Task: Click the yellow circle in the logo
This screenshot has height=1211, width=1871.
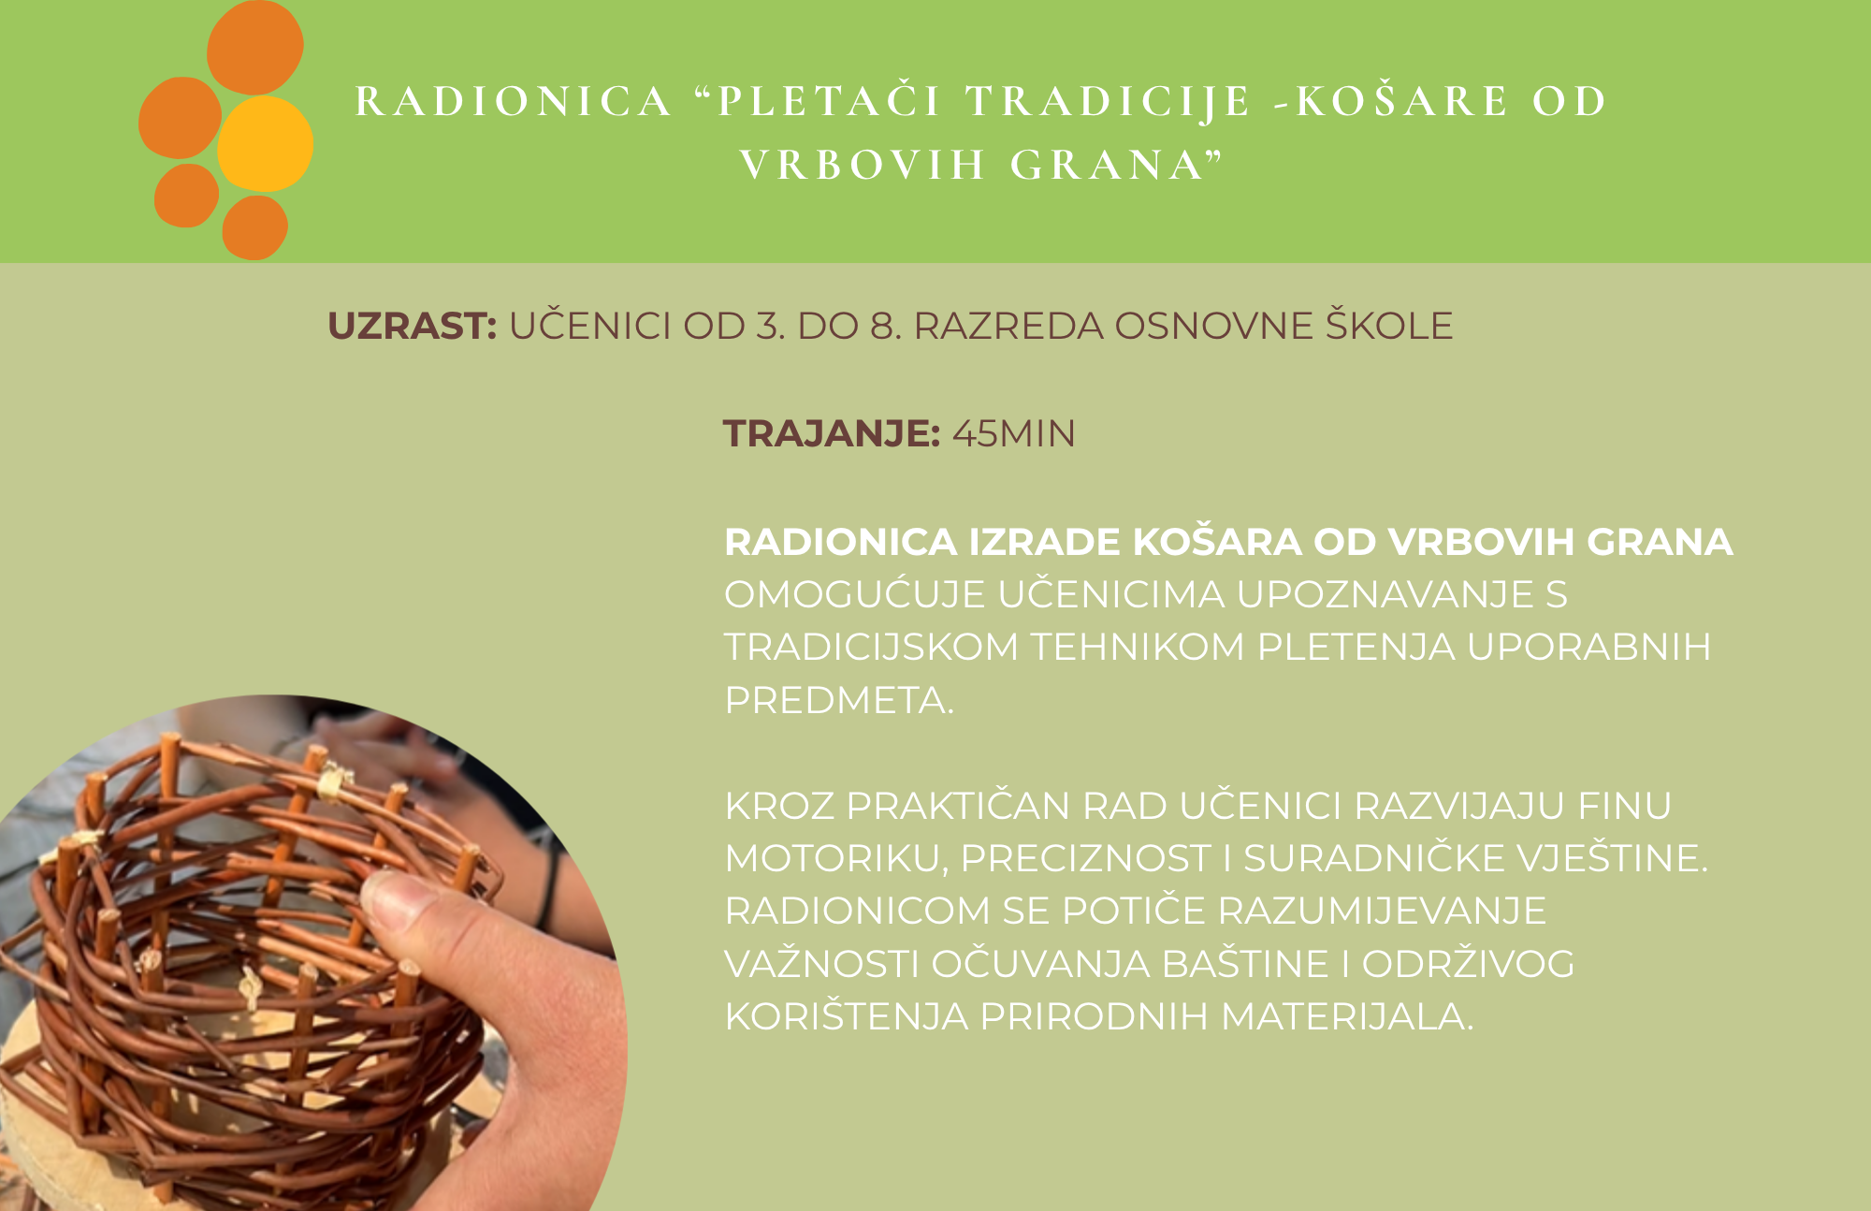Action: tap(266, 144)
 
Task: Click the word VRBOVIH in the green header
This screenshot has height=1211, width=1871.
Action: tap(863, 165)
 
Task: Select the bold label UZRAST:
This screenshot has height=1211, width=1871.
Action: tap(413, 326)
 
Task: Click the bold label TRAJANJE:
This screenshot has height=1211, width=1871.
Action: tap(832, 433)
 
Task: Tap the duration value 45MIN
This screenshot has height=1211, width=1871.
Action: tap(1014, 433)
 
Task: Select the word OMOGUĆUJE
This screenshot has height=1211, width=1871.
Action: tap(855, 593)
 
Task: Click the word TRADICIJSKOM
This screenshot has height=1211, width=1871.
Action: tap(872, 647)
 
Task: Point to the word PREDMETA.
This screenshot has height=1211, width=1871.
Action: tap(839, 700)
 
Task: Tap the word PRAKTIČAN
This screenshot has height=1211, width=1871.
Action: tap(958, 805)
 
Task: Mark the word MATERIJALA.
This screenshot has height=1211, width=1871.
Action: tap(1347, 1016)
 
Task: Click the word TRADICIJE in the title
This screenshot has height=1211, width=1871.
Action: tap(1109, 102)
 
